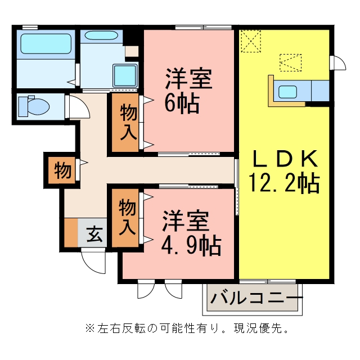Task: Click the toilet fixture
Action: [x=34, y=106]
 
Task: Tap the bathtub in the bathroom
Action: [x=46, y=44]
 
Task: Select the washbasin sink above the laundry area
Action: [x=101, y=35]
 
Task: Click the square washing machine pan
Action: [x=125, y=76]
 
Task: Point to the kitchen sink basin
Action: [x=287, y=92]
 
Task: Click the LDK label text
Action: [x=285, y=159]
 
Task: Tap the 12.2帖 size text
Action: [x=284, y=183]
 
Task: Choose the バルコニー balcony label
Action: [x=256, y=298]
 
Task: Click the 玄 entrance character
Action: [x=94, y=235]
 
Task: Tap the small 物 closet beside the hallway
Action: [x=62, y=170]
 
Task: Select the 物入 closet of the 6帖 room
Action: [x=125, y=122]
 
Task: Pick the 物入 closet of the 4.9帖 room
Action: [x=125, y=218]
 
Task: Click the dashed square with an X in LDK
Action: [x=251, y=41]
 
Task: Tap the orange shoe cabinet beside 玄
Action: [x=71, y=232]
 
